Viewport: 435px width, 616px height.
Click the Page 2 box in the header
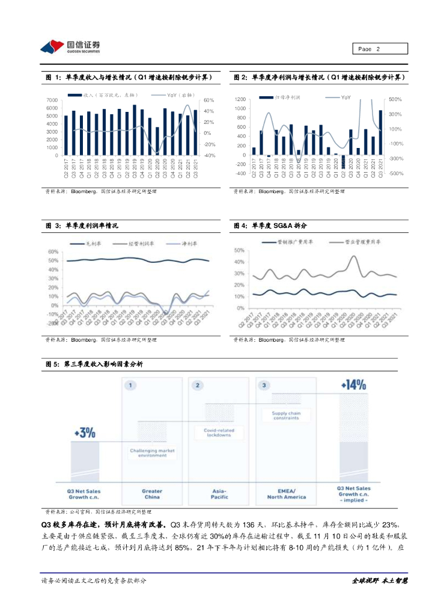pos(379,49)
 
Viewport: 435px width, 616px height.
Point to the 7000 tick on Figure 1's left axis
pos(53,100)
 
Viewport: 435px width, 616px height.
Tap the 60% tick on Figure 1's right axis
pos(209,100)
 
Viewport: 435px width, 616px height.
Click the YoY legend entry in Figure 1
pos(171,95)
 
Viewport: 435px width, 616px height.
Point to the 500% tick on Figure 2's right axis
pos(395,99)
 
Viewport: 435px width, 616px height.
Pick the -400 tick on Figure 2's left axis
pos(240,174)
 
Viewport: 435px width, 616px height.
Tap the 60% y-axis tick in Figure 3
pos(53,252)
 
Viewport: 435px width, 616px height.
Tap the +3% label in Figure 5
pos(84,432)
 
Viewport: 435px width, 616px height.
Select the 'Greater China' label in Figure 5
pos(152,494)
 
